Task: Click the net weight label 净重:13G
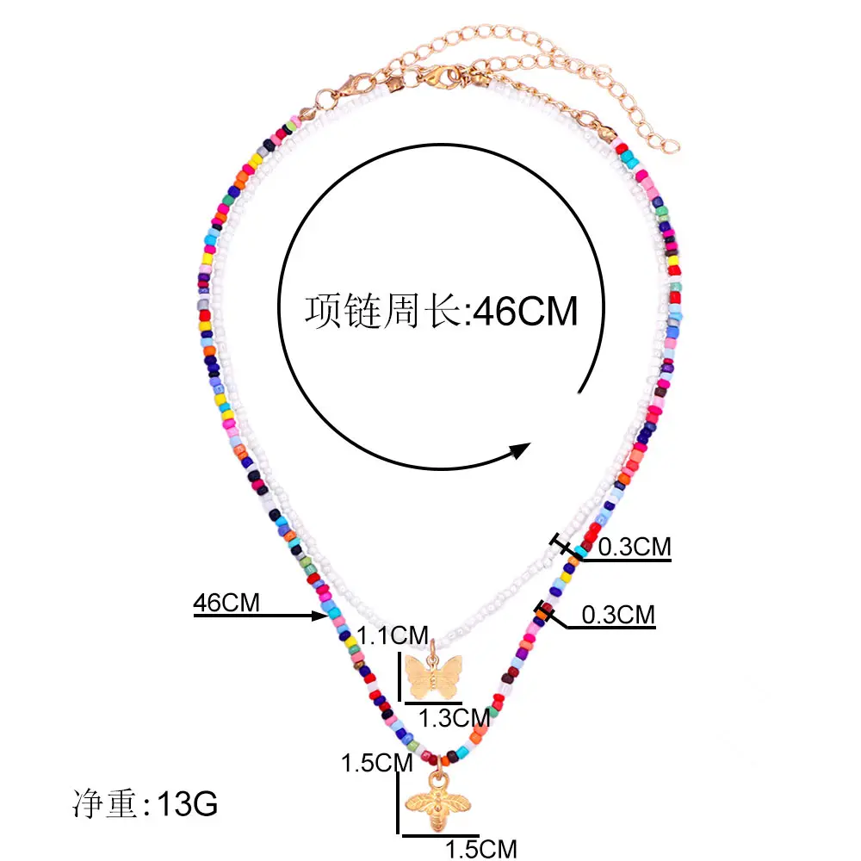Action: coord(144,804)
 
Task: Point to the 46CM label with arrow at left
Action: coord(226,603)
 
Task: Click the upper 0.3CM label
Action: coord(634,547)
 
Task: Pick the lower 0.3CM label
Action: coord(618,615)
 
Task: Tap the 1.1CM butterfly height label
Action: coord(393,636)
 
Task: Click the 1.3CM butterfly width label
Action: coord(454,716)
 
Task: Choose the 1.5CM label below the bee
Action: coord(481,848)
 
